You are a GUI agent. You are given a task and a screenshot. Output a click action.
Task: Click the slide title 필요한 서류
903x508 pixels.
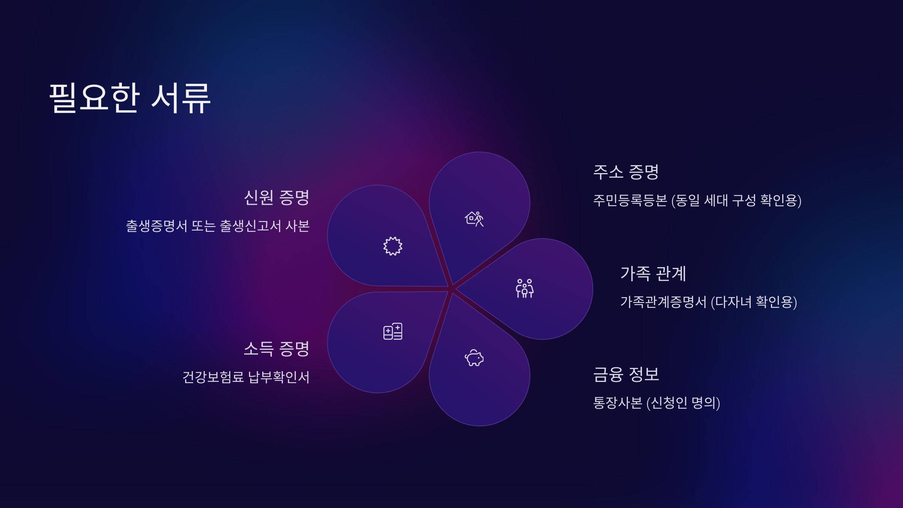coord(130,98)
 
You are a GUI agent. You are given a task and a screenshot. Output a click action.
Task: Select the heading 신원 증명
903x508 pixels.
coord(277,198)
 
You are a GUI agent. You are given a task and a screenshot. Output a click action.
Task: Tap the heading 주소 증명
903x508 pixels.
coord(626,172)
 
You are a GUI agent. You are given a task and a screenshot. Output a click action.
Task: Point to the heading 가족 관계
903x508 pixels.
coord(653,274)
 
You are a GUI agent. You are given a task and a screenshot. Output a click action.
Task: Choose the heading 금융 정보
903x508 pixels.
coord(626,374)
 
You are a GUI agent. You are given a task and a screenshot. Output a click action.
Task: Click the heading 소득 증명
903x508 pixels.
coord(277,349)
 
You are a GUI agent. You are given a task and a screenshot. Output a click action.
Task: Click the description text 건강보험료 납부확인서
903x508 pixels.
coord(246,377)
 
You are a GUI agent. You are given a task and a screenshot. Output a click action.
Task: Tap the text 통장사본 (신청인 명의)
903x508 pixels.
coord(657,403)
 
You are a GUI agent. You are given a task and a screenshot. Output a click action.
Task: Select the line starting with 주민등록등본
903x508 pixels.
coord(697,200)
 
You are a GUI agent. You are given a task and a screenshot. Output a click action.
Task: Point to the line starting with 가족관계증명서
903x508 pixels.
coord(708,302)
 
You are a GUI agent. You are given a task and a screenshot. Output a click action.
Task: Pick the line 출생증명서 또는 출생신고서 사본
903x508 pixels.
coord(218,226)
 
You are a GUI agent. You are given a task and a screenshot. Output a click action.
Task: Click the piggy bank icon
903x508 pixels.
coord(474,358)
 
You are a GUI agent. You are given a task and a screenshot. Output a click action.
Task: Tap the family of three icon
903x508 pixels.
coord(524,289)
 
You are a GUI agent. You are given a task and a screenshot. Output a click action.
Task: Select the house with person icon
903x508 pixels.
coord(474,219)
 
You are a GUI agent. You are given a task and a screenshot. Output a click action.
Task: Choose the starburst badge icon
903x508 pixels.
coord(393,246)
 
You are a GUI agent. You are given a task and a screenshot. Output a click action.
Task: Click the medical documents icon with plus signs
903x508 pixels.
coord(393,331)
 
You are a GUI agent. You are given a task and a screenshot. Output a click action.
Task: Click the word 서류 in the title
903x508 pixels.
coord(181,98)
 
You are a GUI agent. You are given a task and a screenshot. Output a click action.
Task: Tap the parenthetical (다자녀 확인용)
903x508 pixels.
coord(754,302)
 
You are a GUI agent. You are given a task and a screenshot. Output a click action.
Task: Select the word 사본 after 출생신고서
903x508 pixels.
coord(297,226)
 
